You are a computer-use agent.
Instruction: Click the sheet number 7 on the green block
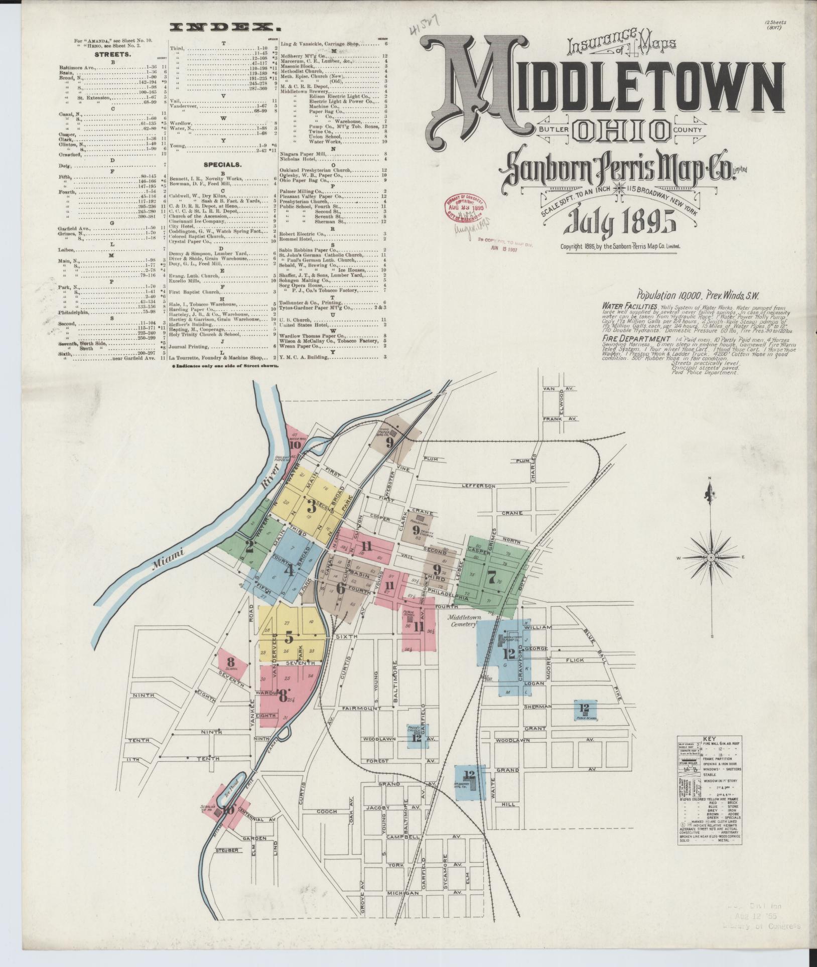point(491,578)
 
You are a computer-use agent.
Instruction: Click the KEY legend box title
point(708,738)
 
